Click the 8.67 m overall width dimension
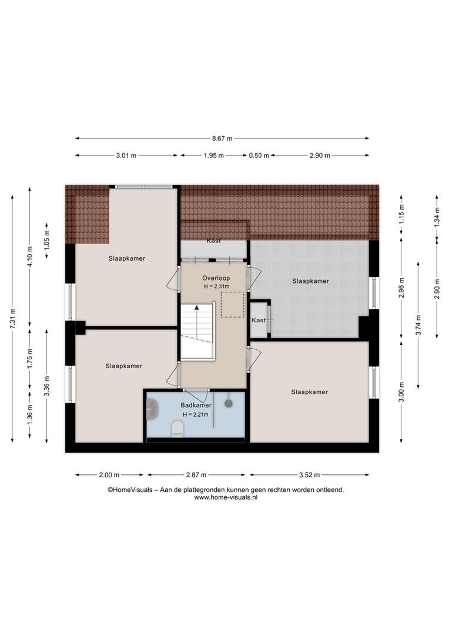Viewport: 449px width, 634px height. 222,139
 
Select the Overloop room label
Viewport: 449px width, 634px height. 216,278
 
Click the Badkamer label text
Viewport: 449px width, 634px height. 196,405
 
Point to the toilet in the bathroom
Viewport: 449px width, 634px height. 177,429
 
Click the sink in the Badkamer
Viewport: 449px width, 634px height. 152,409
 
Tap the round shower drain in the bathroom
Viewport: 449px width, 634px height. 229,403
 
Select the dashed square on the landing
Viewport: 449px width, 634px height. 232,305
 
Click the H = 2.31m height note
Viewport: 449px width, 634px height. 217,286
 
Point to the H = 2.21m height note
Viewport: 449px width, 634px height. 196,414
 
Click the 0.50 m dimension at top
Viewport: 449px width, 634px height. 259,155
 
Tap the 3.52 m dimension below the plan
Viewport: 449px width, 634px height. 310,475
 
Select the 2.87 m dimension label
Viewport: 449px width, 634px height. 196,475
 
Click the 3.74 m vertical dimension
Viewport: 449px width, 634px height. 418,325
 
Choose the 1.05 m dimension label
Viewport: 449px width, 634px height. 47,241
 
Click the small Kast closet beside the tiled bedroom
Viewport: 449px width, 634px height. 259,320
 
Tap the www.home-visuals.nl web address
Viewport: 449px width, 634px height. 226,498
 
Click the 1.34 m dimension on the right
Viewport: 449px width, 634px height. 437,218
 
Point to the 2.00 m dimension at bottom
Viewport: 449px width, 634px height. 109,475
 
